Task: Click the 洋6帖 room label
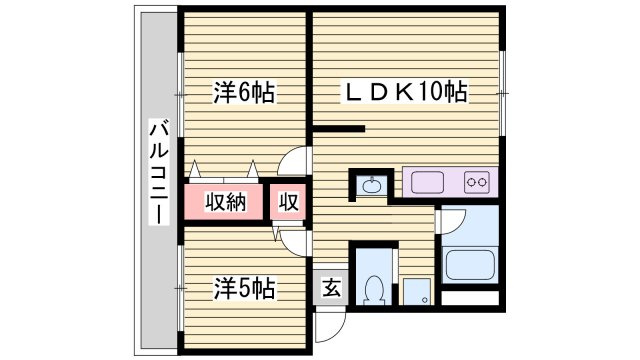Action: click(x=243, y=94)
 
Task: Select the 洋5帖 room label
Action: click(x=243, y=288)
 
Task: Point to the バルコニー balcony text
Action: click(x=158, y=185)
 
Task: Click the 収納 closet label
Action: click(x=225, y=202)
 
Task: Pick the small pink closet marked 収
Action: click(x=288, y=202)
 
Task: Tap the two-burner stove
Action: click(x=477, y=183)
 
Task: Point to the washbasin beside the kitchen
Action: click(x=372, y=184)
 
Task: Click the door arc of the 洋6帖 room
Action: click(x=296, y=162)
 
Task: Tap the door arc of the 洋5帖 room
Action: click(x=294, y=239)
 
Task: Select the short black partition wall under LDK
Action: click(x=339, y=128)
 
